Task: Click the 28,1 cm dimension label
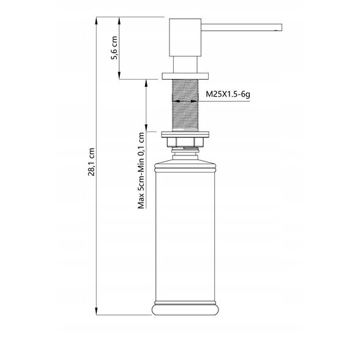(91, 162)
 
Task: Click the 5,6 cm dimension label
(114, 48)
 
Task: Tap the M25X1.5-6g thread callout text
(228, 94)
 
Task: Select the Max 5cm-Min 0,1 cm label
(141, 171)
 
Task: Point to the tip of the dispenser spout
(281, 27)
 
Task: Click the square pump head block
(185, 37)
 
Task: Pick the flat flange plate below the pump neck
(185, 76)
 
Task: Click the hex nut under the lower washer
(185, 142)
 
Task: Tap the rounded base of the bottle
(185, 310)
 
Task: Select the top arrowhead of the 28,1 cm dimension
(97, 20)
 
